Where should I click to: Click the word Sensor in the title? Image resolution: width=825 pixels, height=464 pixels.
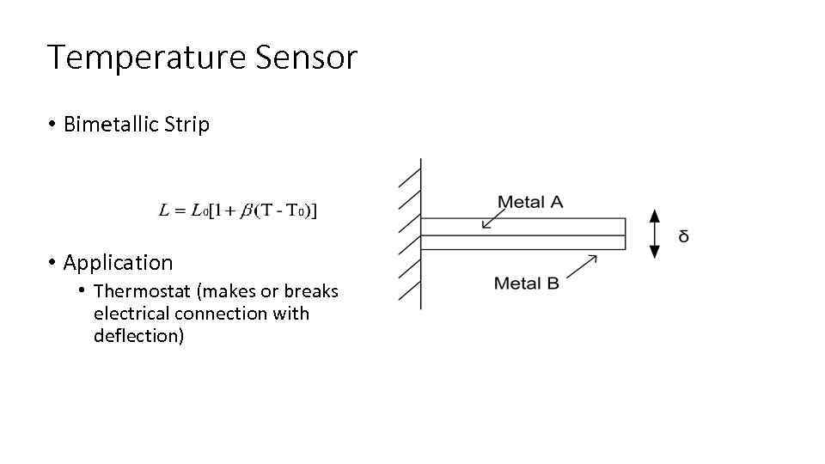pos(305,58)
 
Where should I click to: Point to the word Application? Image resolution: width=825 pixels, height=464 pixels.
pos(118,262)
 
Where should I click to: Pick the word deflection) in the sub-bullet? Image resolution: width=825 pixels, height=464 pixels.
pos(138,336)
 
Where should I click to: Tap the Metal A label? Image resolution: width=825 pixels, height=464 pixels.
pos(530,202)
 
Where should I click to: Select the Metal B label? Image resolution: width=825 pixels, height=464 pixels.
pos(526,283)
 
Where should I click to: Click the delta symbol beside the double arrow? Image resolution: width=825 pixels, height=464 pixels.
pos(683,235)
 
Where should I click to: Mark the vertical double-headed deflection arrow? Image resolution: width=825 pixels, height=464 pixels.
pos(655,234)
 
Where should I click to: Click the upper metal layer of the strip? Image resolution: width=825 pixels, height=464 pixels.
pos(522,226)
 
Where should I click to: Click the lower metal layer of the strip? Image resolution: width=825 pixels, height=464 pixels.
pos(522,242)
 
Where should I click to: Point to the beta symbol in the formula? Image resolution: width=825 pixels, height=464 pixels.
pos(247,211)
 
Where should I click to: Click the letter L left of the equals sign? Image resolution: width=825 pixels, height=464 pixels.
pos(164,211)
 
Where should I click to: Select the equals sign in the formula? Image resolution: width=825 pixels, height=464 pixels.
pos(180,211)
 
